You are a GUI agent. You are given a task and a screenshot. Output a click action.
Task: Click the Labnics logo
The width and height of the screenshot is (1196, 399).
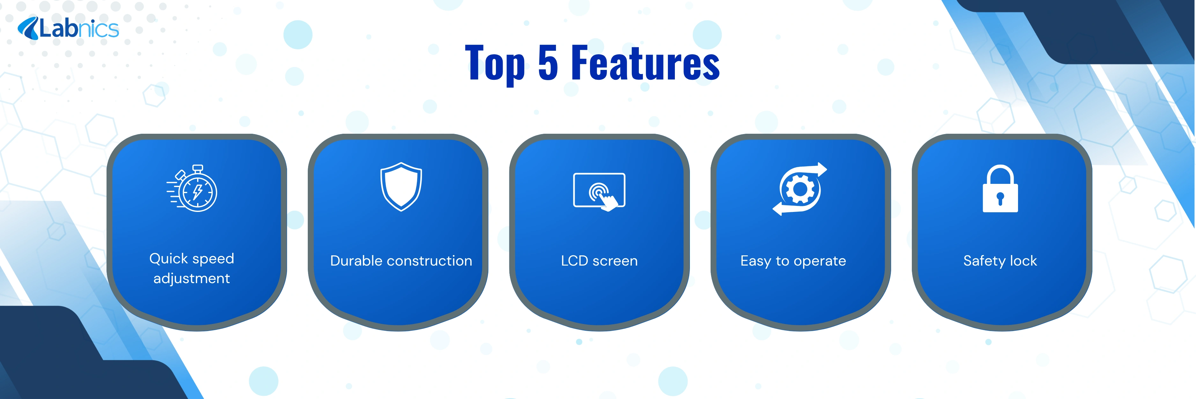(68, 28)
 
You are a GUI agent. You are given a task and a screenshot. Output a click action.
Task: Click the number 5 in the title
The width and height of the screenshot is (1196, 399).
(548, 63)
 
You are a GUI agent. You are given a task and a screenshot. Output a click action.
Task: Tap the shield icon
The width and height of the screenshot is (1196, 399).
(401, 186)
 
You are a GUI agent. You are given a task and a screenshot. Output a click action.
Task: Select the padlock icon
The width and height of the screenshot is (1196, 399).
(1000, 189)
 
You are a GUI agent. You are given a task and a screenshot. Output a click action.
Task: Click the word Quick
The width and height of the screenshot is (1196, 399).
(168, 259)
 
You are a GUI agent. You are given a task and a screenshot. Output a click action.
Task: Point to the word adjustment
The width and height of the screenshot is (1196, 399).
(192, 278)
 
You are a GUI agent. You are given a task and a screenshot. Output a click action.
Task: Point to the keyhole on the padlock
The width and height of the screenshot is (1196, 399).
(1000, 198)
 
